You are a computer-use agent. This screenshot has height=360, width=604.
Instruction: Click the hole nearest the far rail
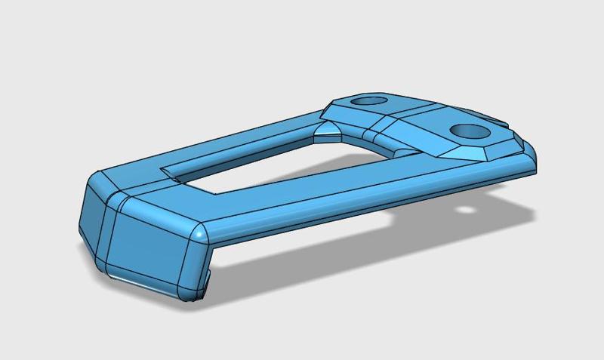click(368, 100)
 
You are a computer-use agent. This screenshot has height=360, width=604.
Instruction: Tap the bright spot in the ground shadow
click(469, 208)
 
